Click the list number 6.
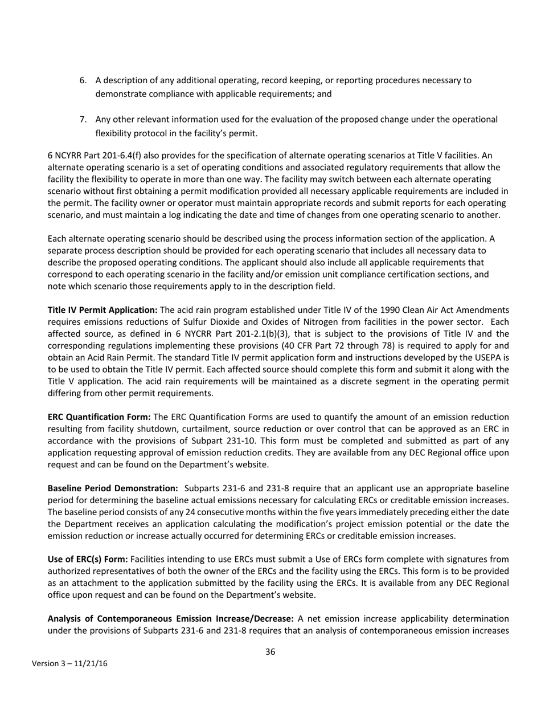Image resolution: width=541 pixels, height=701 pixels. [83, 80]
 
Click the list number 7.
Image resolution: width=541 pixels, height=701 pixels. [83, 120]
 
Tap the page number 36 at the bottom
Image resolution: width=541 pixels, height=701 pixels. [270, 652]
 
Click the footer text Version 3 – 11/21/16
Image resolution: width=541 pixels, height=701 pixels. [69, 664]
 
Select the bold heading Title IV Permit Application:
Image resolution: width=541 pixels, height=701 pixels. [103, 310]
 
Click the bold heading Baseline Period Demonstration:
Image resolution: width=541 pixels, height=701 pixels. [113, 488]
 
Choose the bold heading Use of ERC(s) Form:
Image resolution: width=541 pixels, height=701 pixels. [88, 559]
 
